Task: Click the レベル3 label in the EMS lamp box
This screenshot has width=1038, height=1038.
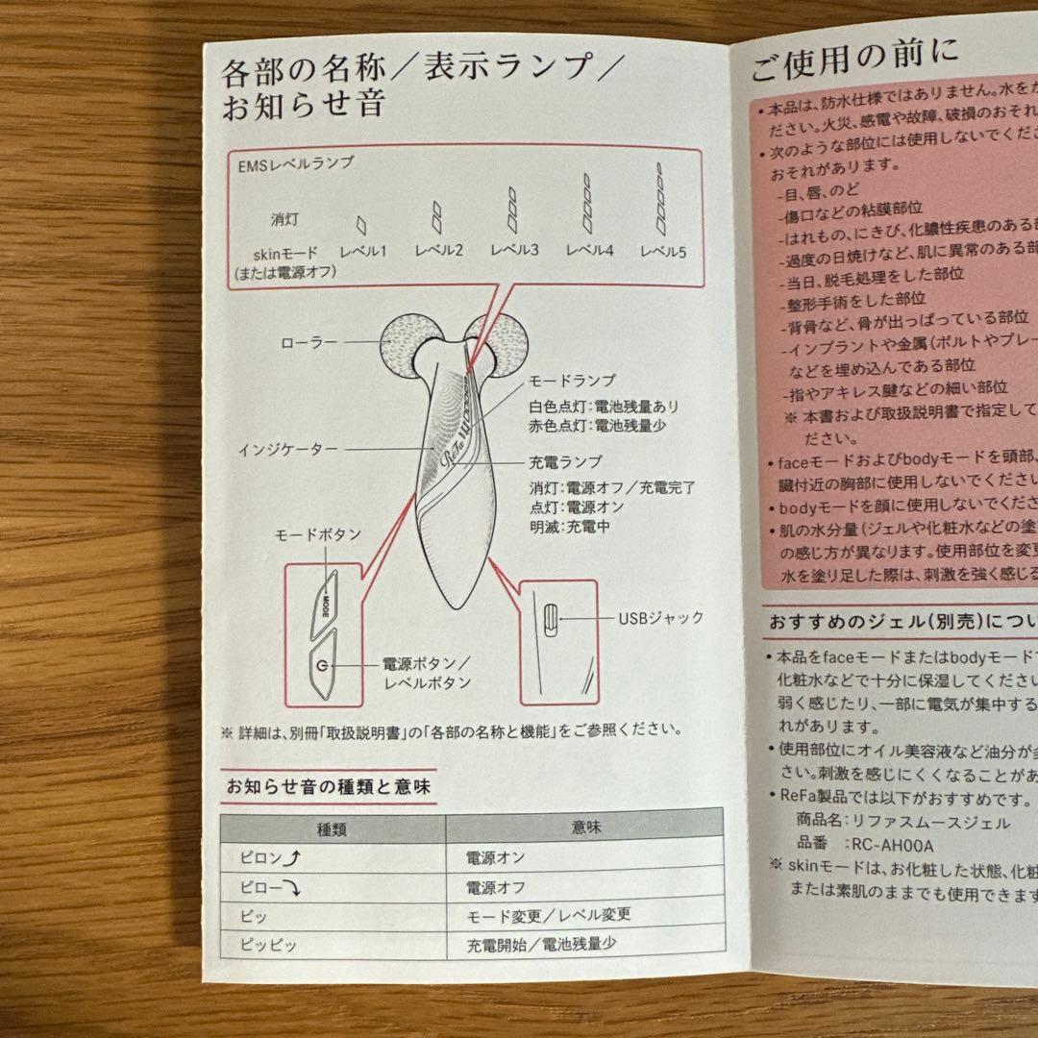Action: (x=513, y=251)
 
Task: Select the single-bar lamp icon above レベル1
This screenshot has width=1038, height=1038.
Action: (x=361, y=224)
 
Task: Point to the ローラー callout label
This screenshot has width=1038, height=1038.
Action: (x=310, y=341)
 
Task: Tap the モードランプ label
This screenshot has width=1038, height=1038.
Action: (x=572, y=381)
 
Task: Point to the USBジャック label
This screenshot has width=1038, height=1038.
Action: (x=661, y=618)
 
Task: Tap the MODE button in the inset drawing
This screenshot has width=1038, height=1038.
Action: (x=327, y=602)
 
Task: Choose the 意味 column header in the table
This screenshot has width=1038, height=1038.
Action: (x=586, y=827)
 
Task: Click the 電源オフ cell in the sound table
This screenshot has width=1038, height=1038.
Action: (x=496, y=886)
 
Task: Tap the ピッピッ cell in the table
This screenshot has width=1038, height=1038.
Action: (x=271, y=945)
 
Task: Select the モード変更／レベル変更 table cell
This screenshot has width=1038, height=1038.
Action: (x=549, y=915)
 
